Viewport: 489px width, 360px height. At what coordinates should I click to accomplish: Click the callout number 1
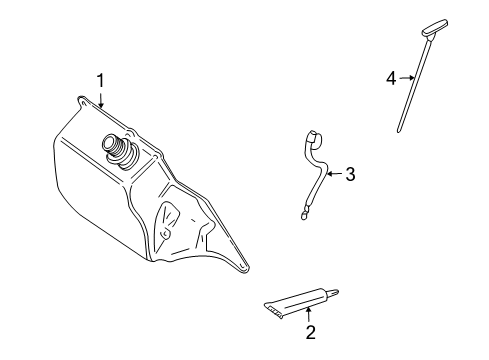(100, 81)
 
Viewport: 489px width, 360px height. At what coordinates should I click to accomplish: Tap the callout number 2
(310, 332)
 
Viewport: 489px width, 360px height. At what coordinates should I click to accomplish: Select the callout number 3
(350, 174)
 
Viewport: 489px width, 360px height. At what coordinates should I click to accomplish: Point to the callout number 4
(391, 78)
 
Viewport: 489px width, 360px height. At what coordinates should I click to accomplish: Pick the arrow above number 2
(309, 315)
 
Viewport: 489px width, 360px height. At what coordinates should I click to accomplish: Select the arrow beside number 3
(334, 174)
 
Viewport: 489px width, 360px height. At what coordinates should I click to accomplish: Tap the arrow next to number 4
(407, 78)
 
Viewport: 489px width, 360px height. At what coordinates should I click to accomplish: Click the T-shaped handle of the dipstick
(435, 28)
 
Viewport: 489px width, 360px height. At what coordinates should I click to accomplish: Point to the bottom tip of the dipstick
(398, 131)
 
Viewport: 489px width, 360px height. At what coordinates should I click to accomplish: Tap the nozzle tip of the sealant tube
(337, 292)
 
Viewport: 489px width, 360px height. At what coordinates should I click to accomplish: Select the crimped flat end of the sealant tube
(273, 309)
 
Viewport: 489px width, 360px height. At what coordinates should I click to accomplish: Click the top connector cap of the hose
(315, 137)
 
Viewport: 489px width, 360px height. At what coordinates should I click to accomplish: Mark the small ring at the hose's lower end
(303, 216)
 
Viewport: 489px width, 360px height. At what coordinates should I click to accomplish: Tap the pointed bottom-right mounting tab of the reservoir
(243, 266)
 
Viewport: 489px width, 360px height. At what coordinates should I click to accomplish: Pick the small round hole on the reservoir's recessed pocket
(165, 234)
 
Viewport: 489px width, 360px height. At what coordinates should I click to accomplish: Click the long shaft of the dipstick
(413, 85)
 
